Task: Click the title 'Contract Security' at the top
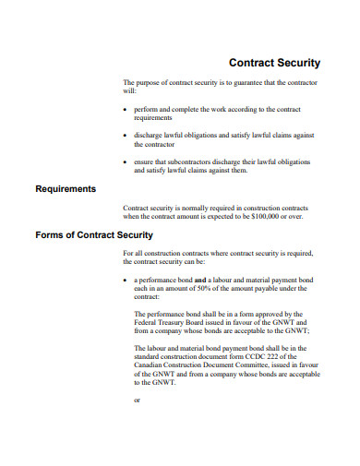tap(274, 64)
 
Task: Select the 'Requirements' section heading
tap(66, 189)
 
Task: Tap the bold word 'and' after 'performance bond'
tap(199, 280)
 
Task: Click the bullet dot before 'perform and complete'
tap(125, 110)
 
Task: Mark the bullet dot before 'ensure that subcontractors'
tap(125, 161)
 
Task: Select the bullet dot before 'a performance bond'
tap(125, 280)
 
